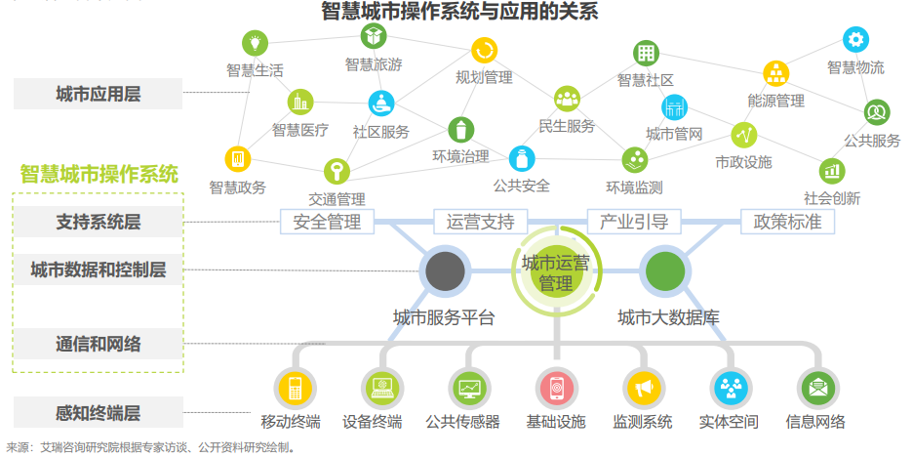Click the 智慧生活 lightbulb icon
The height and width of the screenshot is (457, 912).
(x=255, y=43)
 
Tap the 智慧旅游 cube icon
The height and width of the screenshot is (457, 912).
(x=374, y=37)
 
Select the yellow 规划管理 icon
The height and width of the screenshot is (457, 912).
(x=484, y=50)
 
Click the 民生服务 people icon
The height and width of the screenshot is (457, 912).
(x=567, y=98)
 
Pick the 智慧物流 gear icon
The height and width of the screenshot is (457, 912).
(x=855, y=40)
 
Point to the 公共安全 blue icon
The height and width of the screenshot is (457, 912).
(x=522, y=158)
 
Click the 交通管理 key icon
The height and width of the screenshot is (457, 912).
(x=337, y=172)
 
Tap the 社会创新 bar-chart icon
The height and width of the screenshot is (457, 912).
(x=831, y=171)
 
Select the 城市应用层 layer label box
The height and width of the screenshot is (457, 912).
(x=98, y=95)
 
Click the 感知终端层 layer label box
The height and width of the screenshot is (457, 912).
(x=98, y=412)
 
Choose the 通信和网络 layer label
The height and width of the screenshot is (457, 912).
(x=98, y=344)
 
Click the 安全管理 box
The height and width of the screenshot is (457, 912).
(x=327, y=222)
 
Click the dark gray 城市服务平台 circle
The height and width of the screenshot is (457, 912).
(x=445, y=270)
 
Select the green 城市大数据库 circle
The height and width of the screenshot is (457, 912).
(x=665, y=270)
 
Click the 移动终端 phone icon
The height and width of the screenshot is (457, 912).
(x=291, y=389)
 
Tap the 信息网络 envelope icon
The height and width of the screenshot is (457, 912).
(x=815, y=389)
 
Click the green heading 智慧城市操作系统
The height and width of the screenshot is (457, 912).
(x=99, y=175)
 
